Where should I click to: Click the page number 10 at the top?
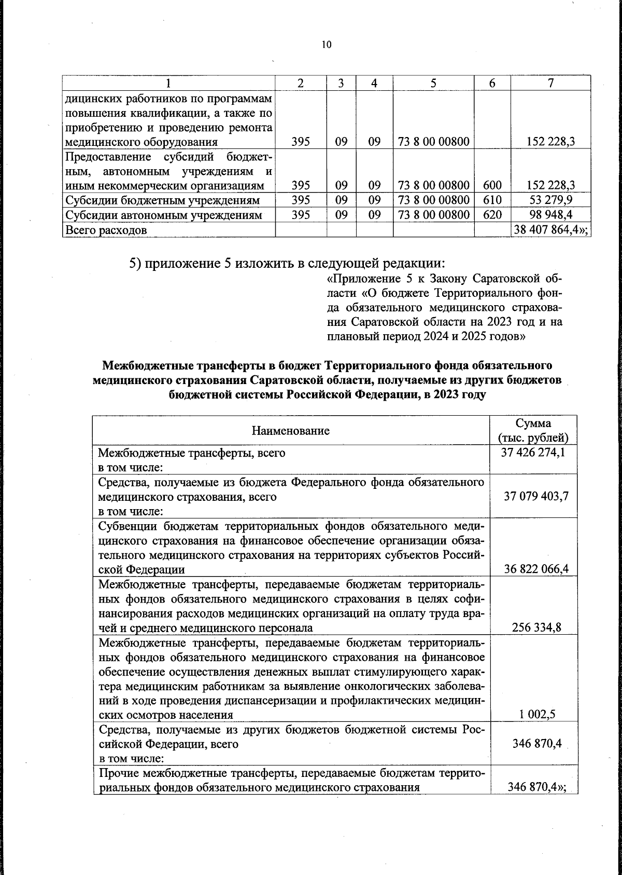click(x=326, y=44)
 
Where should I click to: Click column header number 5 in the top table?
click(x=433, y=83)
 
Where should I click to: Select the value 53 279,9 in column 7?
click(x=551, y=200)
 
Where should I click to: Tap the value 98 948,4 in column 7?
click(x=551, y=215)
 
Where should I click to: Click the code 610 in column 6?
click(x=492, y=200)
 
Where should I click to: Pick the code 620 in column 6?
click(x=492, y=215)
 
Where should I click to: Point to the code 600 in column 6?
click(x=492, y=185)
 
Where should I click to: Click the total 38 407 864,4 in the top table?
click(x=550, y=230)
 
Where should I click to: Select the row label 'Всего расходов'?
click(x=106, y=230)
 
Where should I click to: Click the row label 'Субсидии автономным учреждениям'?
click(x=163, y=215)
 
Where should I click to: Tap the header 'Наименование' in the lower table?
click(x=291, y=430)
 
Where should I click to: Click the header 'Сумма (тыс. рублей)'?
click(x=533, y=430)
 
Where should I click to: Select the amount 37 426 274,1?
click(x=533, y=453)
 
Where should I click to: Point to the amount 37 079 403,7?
click(x=536, y=496)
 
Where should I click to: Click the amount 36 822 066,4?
click(x=536, y=569)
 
